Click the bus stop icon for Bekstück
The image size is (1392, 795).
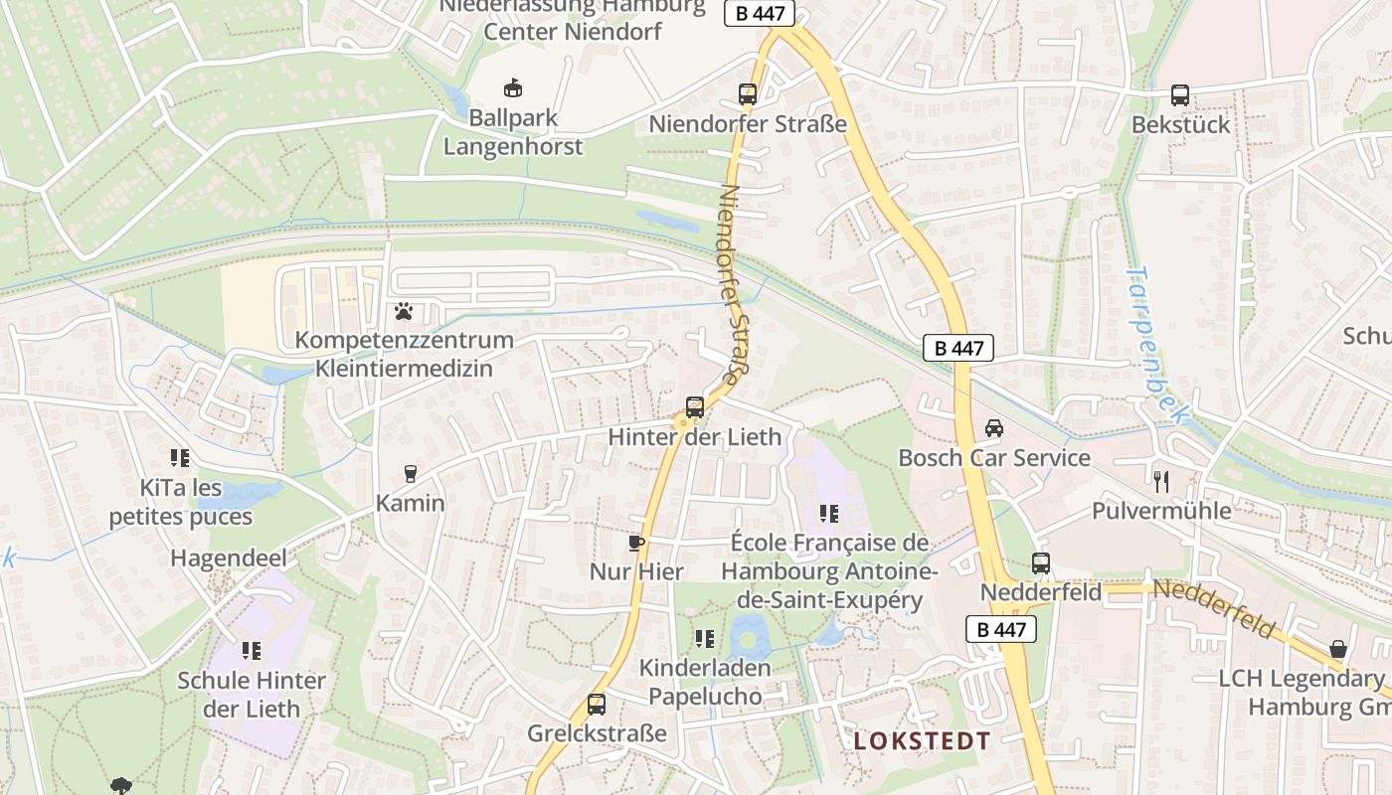click(1179, 95)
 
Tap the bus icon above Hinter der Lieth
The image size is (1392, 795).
click(694, 406)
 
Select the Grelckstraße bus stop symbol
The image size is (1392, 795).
click(596, 705)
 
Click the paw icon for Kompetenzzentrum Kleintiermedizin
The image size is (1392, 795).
click(403, 312)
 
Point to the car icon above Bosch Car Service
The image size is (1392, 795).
click(993, 428)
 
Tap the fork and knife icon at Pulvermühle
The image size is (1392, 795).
click(1161, 482)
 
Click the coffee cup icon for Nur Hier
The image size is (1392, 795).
click(636, 543)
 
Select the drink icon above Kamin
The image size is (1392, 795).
click(410, 474)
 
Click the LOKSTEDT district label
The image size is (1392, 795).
click(922, 741)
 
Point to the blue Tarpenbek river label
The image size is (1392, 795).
click(1156, 344)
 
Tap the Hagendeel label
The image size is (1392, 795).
click(229, 558)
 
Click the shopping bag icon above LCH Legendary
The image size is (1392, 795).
click(1338, 650)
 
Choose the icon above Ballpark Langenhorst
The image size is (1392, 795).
click(513, 88)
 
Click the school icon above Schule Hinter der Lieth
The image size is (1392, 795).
click(251, 651)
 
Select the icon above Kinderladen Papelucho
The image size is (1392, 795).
click(705, 639)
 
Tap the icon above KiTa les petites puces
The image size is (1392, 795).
click(180, 458)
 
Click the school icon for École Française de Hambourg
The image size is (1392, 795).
click(828, 514)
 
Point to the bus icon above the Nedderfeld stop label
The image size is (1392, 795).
click(1040, 563)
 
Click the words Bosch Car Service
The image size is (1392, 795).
click(994, 458)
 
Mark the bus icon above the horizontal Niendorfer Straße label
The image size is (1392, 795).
click(747, 95)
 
